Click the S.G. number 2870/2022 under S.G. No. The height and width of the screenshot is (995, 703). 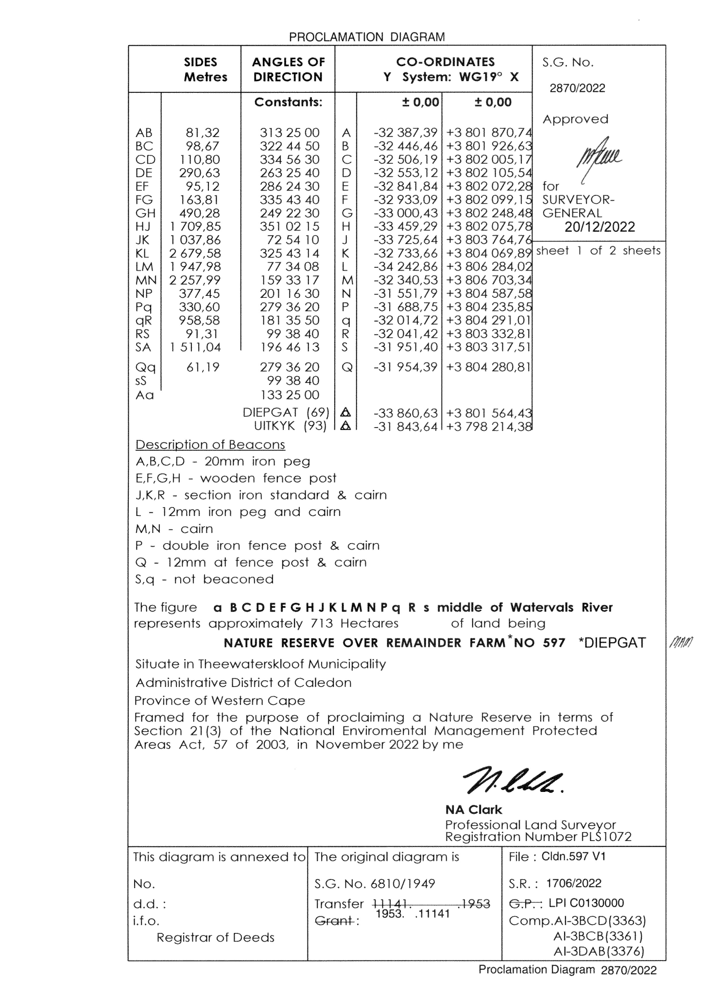577,88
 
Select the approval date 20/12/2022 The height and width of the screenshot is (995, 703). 600,227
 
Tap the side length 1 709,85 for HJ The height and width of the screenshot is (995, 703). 195,227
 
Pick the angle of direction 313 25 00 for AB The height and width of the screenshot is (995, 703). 290,133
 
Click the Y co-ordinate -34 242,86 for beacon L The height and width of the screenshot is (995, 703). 406,267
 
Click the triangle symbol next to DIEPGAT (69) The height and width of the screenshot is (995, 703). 346,413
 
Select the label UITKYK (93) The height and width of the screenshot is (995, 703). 290,427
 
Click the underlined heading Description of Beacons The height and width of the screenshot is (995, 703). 210,445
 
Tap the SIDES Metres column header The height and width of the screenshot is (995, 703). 205,69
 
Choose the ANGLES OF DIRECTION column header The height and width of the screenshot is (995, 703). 288,69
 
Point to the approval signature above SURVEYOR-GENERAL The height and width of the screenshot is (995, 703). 598,161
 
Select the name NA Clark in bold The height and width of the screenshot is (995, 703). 473,809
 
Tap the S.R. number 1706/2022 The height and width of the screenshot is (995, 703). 573,883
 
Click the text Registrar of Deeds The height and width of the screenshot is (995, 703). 215,937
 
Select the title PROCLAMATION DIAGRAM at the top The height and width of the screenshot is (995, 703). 367,37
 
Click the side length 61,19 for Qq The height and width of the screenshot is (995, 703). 203,367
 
